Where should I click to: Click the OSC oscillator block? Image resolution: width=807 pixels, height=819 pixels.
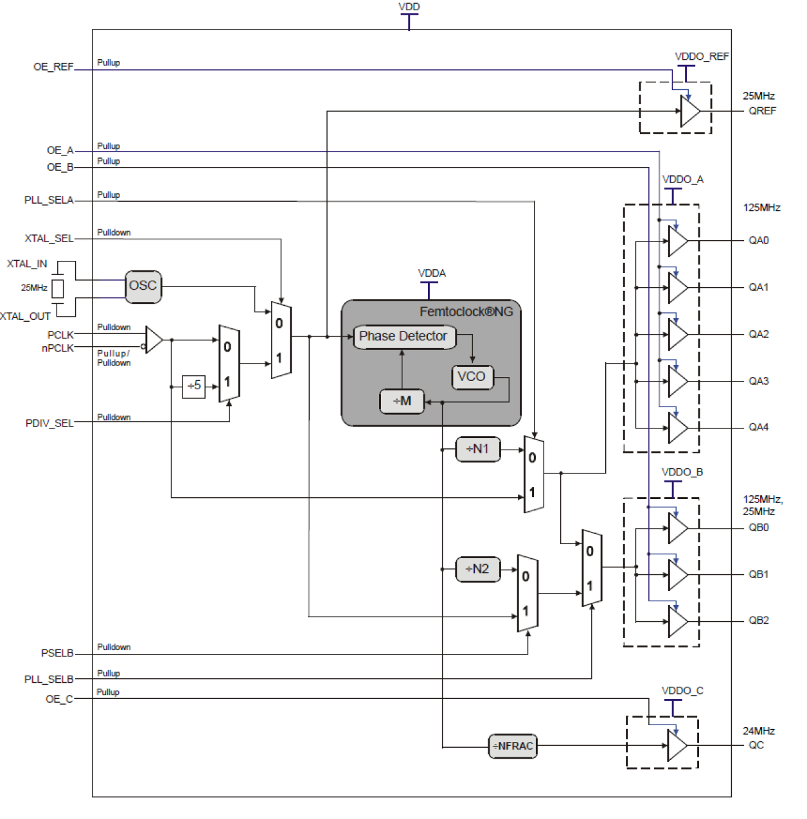[x=143, y=286]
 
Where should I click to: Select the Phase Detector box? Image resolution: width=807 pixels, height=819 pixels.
[x=403, y=337]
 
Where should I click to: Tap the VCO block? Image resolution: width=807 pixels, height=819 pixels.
[x=472, y=377]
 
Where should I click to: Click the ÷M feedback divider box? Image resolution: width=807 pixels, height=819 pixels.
[x=402, y=401]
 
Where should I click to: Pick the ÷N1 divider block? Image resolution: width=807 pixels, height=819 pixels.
[x=477, y=449]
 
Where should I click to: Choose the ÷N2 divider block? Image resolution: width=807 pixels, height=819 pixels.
[x=477, y=569]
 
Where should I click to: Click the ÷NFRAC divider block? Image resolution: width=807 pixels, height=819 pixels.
[x=513, y=746]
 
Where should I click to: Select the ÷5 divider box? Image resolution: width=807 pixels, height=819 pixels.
[x=193, y=386]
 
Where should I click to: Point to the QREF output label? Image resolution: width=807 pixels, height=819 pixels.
[x=762, y=111]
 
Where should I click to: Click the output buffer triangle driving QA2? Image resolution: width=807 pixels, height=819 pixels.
[x=677, y=335]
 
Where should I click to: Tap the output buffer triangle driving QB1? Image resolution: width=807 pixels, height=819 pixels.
[x=677, y=575]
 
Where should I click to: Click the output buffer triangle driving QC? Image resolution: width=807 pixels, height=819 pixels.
[x=677, y=746]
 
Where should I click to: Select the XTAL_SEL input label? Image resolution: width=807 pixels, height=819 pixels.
[x=49, y=239]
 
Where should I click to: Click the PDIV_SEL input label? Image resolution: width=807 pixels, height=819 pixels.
[x=49, y=424]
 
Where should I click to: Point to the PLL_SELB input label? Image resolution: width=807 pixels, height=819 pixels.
[x=49, y=680]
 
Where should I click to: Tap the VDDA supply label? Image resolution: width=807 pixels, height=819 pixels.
[x=432, y=274]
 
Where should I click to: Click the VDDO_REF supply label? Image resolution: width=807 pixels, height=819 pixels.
[x=702, y=57]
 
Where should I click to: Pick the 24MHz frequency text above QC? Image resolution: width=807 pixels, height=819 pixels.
[x=759, y=731]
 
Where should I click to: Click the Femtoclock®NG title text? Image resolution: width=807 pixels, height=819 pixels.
[x=466, y=312]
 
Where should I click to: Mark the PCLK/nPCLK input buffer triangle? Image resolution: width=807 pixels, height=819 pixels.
[x=154, y=340]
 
